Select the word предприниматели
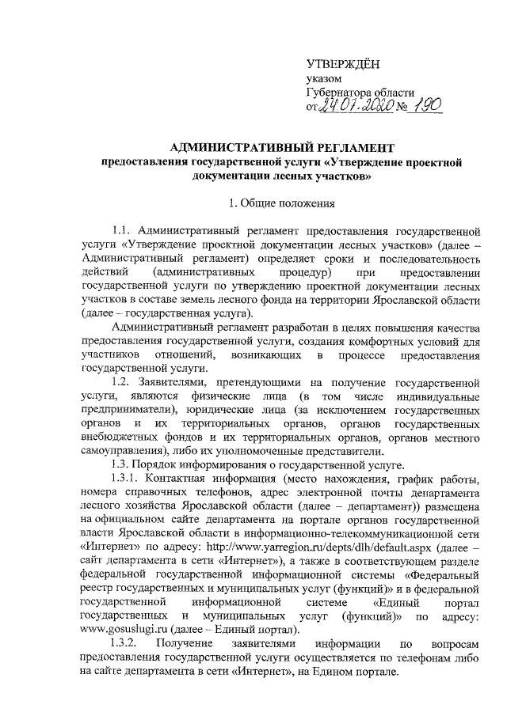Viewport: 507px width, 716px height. [x=126, y=410]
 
